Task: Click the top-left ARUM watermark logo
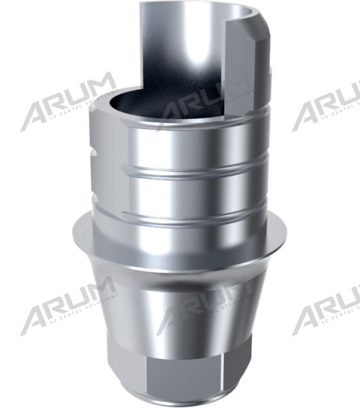point(68,102)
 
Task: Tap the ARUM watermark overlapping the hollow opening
point(204,102)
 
